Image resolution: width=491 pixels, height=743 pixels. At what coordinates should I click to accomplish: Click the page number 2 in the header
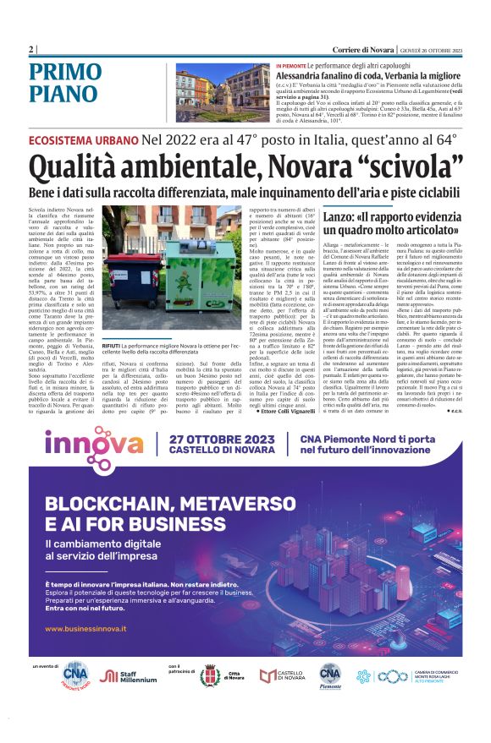31,51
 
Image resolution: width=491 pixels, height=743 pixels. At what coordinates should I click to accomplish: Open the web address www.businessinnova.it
86,629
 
